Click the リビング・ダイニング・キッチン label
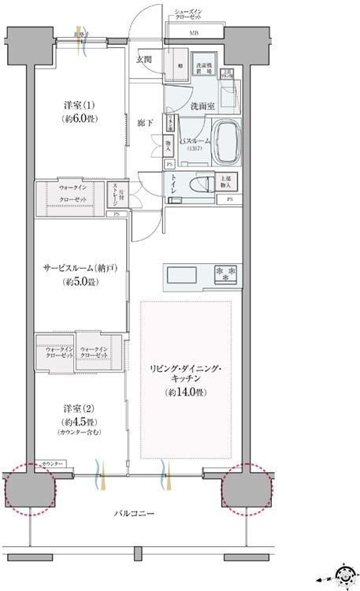tap(186, 373)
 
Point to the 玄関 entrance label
tap(143, 59)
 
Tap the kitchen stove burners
tap(225, 277)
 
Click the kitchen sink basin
tap(183, 277)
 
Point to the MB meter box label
tap(194, 34)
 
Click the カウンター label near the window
tap(53, 464)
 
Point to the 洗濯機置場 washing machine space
tap(206, 68)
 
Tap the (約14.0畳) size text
tap(186, 392)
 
